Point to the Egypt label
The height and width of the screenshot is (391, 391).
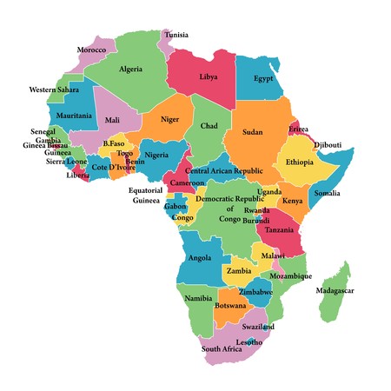pos(263,78)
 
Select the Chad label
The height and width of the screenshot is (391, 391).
pos(209,127)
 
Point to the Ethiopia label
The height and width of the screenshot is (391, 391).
pos(299,162)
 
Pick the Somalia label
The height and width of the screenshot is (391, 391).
pos(328,193)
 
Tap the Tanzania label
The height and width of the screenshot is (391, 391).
pos(280,230)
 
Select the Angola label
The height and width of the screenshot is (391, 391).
pos(199,258)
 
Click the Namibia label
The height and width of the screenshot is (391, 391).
pos(197,298)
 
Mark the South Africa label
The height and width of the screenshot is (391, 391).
pos(221,349)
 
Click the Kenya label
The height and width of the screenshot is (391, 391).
pos(292,202)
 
